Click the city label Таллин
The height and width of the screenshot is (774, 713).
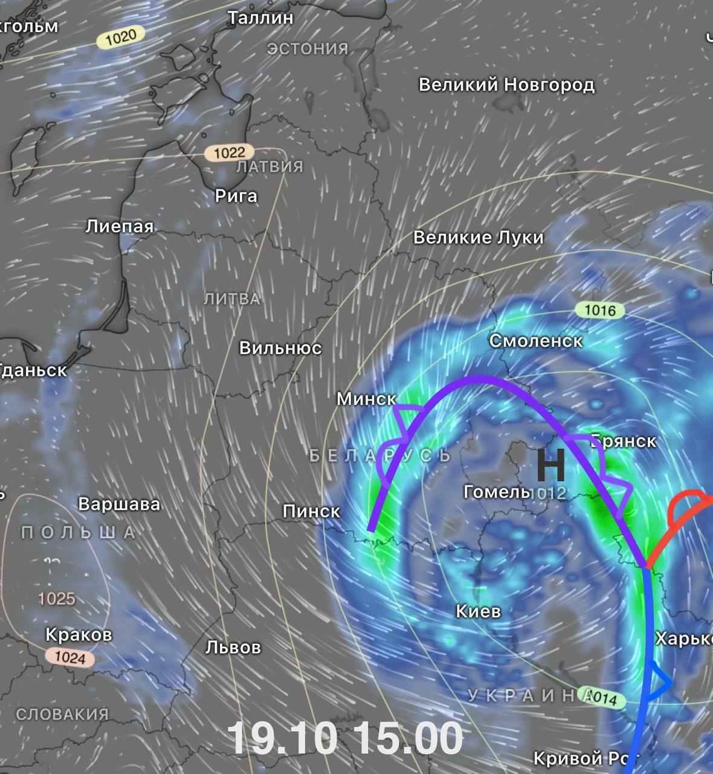pyautogui.click(x=260, y=18)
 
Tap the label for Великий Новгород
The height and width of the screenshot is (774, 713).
pyautogui.click(x=506, y=85)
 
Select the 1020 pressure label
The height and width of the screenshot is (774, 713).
pyautogui.click(x=121, y=37)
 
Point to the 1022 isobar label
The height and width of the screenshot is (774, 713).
pyautogui.click(x=229, y=152)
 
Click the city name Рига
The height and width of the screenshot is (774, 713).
pyautogui.click(x=236, y=196)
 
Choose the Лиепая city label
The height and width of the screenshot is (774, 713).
pyautogui.click(x=119, y=227)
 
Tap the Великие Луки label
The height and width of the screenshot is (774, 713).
pyautogui.click(x=478, y=238)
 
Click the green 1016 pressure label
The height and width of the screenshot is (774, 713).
pyautogui.click(x=600, y=310)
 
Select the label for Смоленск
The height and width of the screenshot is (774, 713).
pyautogui.click(x=535, y=341)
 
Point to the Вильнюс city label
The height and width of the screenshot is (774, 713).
pyautogui.click(x=280, y=348)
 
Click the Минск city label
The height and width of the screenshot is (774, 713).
pyautogui.click(x=366, y=399)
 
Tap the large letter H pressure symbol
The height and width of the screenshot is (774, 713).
pyautogui.click(x=551, y=466)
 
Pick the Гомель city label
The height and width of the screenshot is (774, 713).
pyautogui.click(x=496, y=492)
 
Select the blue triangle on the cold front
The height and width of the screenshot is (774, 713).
pyautogui.click(x=657, y=682)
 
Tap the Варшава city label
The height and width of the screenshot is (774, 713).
pyautogui.click(x=119, y=504)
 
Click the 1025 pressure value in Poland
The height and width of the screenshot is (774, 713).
pyautogui.click(x=57, y=599)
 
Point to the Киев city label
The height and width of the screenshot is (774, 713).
pyautogui.click(x=478, y=611)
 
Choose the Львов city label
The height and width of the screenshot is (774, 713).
pyautogui.click(x=233, y=648)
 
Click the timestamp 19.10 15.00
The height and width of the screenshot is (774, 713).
pyautogui.click(x=344, y=738)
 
